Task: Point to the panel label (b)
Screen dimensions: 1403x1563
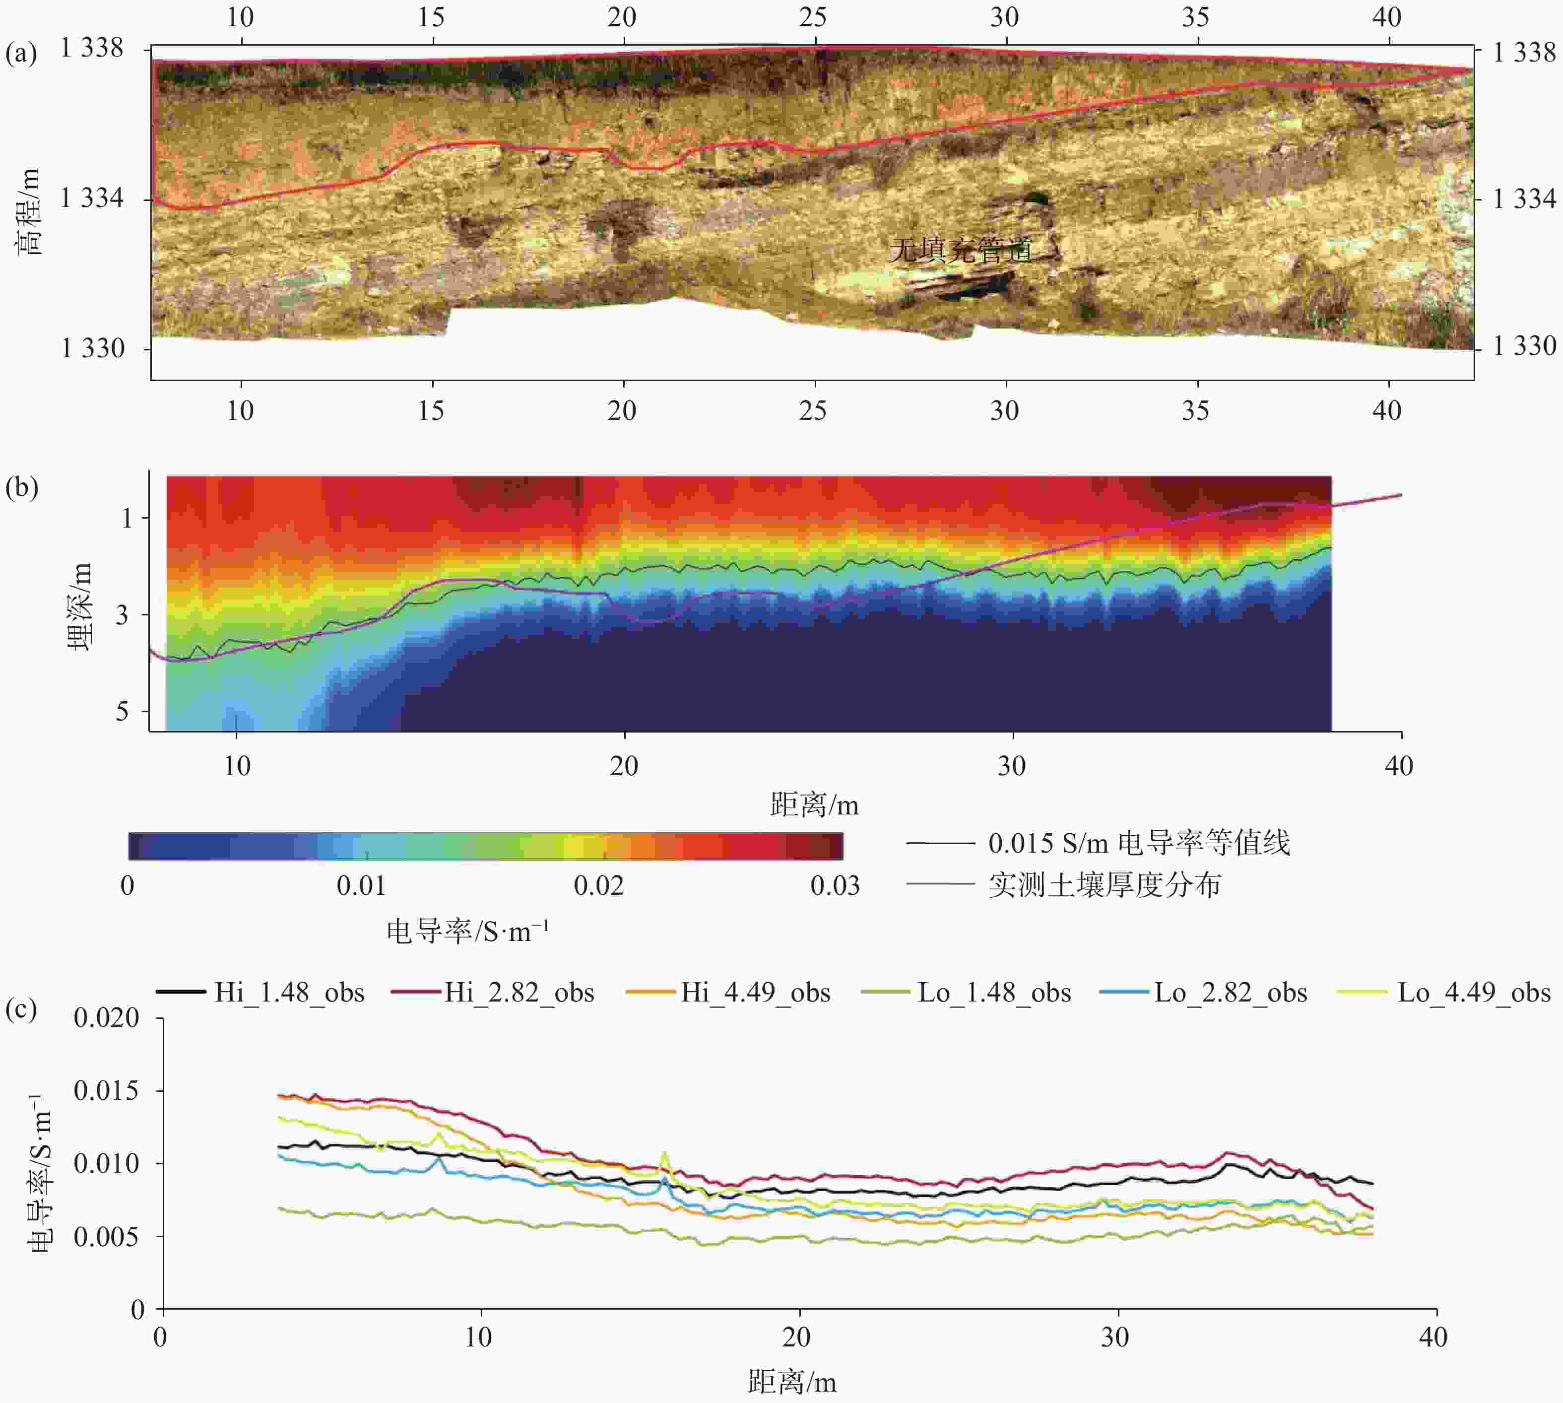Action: point(21,488)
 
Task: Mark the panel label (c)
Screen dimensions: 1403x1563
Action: point(21,1008)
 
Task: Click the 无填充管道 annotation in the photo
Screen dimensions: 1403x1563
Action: point(960,250)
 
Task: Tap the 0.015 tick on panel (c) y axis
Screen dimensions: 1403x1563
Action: point(106,1091)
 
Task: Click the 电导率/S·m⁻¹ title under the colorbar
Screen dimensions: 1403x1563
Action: point(467,931)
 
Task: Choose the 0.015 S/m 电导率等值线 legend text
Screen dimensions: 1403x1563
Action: point(1138,843)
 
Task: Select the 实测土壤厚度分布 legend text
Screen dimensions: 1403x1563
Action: point(1105,885)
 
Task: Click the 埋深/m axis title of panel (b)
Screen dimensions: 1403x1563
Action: point(79,606)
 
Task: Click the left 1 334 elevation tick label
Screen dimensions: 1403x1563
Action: point(92,199)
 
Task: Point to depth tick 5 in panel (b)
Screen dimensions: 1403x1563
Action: point(122,711)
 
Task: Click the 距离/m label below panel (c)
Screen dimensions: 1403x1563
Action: point(791,1382)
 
